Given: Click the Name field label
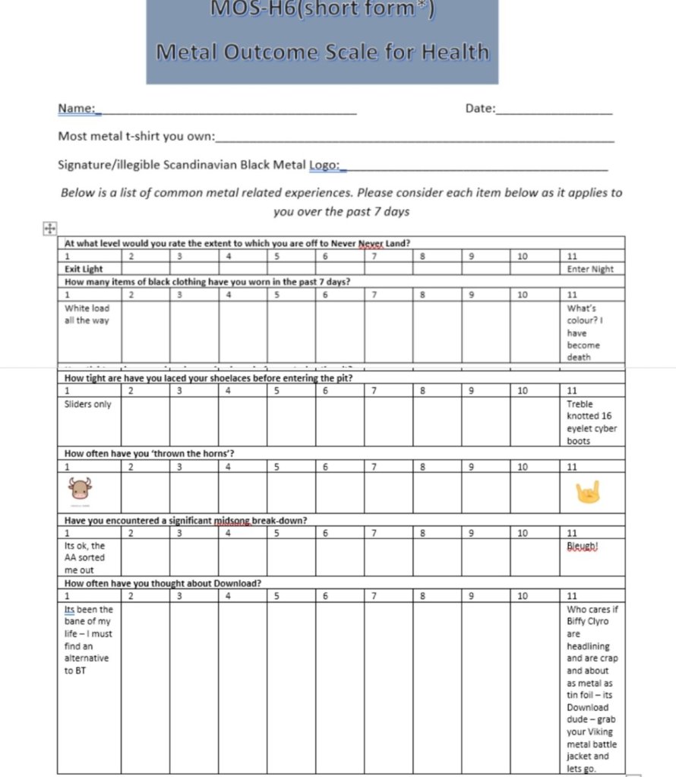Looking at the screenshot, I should (76, 109).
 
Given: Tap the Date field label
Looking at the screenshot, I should (479, 109).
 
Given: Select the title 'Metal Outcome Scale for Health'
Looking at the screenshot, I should (322, 52).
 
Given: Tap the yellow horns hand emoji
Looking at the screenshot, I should (589, 492).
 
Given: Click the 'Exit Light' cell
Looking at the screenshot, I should (84, 269).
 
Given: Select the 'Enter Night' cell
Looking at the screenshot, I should (590, 269).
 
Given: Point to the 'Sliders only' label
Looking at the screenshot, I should (88, 404).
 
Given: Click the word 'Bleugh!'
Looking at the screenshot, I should (583, 545).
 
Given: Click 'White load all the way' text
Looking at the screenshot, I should (87, 314).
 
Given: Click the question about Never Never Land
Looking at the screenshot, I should (238, 243).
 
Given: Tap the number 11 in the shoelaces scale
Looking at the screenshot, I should (573, 391).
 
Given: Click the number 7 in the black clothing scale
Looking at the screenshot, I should (374, 295).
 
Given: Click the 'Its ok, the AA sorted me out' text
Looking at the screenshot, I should (85, 557).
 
